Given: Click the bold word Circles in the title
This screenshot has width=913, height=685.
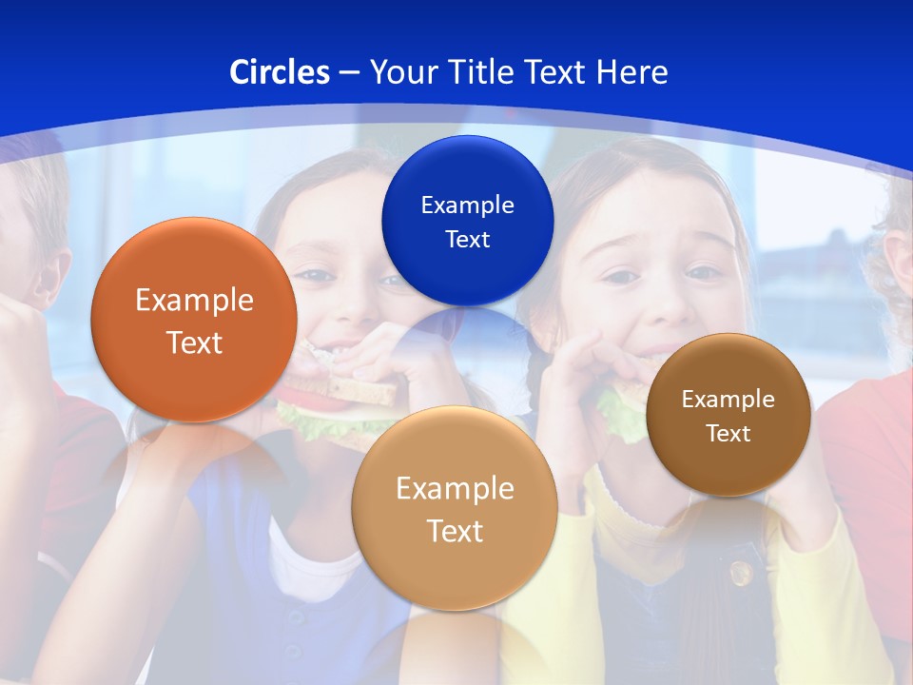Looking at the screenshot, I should (280, 72).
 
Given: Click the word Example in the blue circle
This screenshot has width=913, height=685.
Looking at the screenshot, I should (467, 205).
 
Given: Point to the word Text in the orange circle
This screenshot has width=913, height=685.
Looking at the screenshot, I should (194, 342).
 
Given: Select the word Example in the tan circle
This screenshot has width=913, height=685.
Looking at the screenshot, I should (455, 489).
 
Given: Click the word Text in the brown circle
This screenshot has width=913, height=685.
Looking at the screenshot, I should (728, 434).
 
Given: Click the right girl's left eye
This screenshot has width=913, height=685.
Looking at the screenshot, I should (705, 273).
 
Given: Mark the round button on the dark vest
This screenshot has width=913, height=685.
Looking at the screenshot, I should (740, 573).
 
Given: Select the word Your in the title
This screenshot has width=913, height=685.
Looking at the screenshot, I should (400, 72).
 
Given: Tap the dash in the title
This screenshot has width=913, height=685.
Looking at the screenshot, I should (348, 72).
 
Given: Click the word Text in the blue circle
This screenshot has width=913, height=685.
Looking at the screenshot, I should (467, 240).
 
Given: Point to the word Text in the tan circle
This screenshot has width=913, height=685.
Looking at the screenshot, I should (455, 531).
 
